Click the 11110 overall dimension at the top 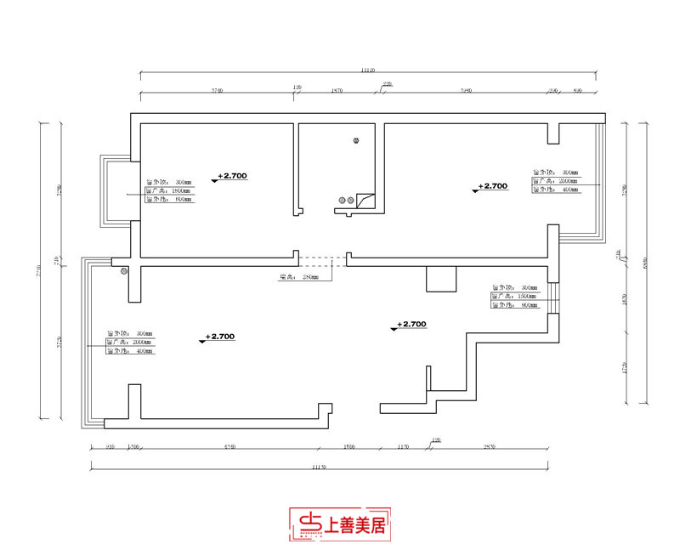coord(367,71)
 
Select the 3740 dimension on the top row coord(216,89)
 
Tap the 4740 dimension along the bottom coord(229,446)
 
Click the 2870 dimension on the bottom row coord(489,446)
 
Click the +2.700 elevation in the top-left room coord(231,176)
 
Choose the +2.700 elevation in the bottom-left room coord(219,337)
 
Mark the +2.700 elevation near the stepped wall coord(411,324)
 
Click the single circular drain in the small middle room coord(356,142)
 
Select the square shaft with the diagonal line coord(366,201)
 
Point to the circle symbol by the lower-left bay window coord(124,271)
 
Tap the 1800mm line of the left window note coord(169,191)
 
